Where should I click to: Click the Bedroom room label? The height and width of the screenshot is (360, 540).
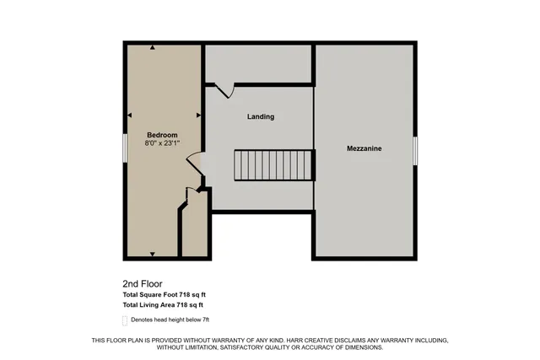(x=162, y=135)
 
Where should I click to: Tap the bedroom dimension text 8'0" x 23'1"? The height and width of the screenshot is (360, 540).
(x=162, y=144)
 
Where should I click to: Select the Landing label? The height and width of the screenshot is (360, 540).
(x=261, y=116)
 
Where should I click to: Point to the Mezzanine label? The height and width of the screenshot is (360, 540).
(x=364, y=148)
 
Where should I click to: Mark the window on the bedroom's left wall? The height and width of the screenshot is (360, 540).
(x=125, y=144)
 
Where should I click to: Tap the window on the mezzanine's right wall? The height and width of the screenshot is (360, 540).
(x=415, y=149)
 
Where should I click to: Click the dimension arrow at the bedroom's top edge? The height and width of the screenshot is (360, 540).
(x=152, y=48)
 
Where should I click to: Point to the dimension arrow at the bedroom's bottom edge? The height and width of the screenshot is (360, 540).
(x=152, y=253)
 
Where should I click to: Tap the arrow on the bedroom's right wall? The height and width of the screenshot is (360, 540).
(x=198, y=115)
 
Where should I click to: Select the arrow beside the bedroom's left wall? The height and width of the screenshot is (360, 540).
(x=129, y=115)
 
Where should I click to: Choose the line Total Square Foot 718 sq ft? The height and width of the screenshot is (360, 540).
(x=163, y=294)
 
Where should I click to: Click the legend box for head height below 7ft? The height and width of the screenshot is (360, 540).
(x=125, y=320)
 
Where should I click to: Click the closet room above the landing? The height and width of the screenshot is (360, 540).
(x=259, y=63)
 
